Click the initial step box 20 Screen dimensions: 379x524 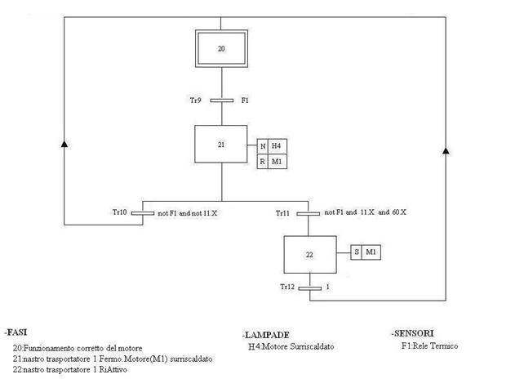[x=221, y=49]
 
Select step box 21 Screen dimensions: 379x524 [x=221, y=144]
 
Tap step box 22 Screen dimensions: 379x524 [x=309, y=254]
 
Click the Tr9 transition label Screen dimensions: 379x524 [x=196, y=100]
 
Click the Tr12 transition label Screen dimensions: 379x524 [x=287, y=287]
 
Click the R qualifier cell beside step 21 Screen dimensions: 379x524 [x=262, y=161]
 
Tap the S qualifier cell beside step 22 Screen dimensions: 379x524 [x=357, y=252]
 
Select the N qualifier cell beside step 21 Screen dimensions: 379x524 [x=262, y=145]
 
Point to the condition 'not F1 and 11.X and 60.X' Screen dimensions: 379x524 [x=365, y=212]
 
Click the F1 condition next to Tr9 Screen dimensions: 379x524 [x=245, y=100]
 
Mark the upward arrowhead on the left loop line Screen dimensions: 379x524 [x=64, y=144]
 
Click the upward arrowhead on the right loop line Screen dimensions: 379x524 [x=445, y=151]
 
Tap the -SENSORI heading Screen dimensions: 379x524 [x=413, y=332]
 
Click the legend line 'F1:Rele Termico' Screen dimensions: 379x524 [x=429, y=346]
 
